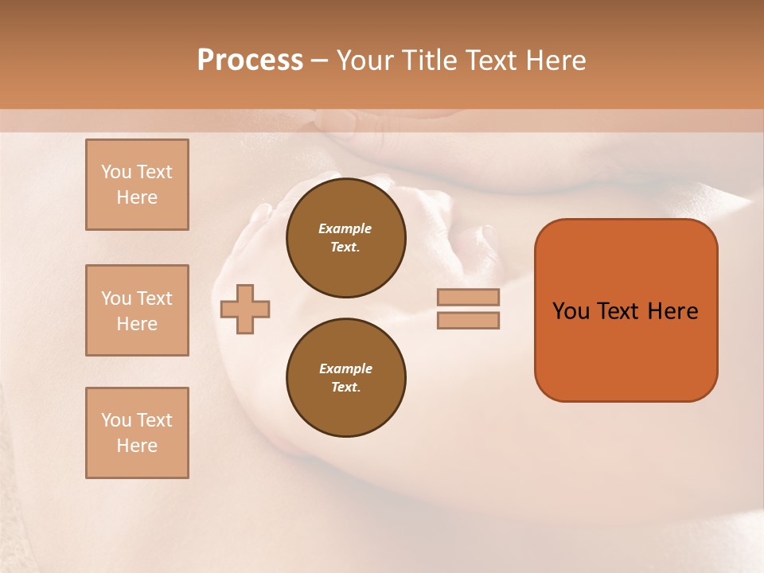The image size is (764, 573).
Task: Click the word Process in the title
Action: click(250, 60)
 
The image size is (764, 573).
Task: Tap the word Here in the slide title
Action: click(554, 60)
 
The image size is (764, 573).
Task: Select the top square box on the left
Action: click(137, 185)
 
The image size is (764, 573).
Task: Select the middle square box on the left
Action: click(137, 310)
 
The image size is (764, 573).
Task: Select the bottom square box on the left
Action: click(137, 433)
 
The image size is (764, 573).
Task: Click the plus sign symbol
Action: click(245, 309)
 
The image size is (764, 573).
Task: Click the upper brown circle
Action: click(346, 237)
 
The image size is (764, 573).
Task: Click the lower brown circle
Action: click(346, 377)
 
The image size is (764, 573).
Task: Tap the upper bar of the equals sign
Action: click(468, 297)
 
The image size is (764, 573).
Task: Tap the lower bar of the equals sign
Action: click(468, 321)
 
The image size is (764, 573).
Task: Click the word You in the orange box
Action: click(571, 311)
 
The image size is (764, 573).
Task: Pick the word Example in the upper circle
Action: click(345, 228)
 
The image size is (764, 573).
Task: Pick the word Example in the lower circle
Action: click(345, 368)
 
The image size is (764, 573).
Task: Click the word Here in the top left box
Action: click(137, 197)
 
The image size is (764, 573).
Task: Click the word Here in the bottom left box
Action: click(137, 446)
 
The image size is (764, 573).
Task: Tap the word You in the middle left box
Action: click(115, 298)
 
